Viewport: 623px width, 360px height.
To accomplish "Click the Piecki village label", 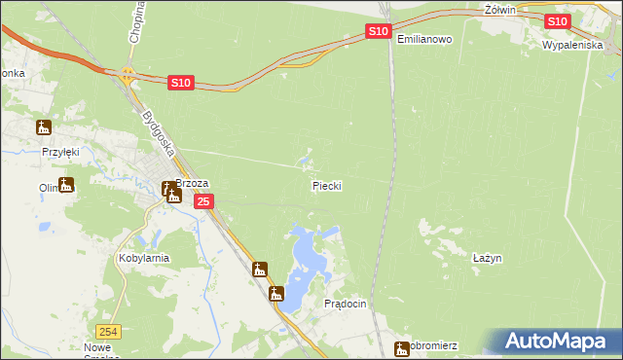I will click(x=326, y=185).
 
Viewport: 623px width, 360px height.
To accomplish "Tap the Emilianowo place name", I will click(x=424, y=39).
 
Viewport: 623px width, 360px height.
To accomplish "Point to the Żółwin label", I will click(x=499, y=9).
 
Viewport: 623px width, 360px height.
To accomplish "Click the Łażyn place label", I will click(x=486, y=258).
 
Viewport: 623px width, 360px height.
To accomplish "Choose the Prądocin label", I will click(x=345, y=304).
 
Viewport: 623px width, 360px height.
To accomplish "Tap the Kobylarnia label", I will click(x=144, y=258).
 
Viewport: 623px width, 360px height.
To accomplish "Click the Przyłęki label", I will click(x=59, y=153).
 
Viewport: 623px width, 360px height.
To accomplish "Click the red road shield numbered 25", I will click(x=202, y=201).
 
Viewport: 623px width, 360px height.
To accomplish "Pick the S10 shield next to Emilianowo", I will click(x=379, y=32).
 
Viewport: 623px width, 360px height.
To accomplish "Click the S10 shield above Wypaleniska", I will click(x=557, y=21).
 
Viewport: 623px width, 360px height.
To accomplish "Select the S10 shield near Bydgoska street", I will click(x=180, y=84).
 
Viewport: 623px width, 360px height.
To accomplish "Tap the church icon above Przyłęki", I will click(x=43, y=126).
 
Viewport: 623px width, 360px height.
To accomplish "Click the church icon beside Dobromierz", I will click(x=401, y=347).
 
